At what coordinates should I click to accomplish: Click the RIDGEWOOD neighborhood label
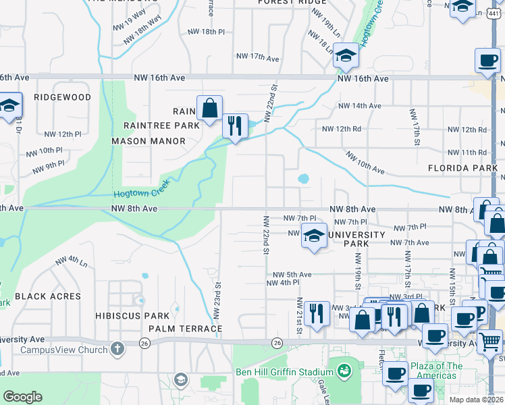point(63,97)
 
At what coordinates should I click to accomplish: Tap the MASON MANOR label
point(149,141)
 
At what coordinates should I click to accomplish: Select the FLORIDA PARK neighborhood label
point(462,167)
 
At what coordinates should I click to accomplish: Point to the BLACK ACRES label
point(48,296)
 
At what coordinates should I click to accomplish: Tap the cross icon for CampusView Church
point(117,349)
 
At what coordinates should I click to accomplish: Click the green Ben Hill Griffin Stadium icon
point(344,371)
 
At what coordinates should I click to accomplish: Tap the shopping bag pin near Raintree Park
point(209,107)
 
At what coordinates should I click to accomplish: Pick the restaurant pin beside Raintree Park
point(235,126)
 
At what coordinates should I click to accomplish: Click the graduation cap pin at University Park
point(314,236)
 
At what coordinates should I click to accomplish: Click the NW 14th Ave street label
point(360,106)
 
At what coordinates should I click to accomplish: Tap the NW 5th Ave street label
point(292,275)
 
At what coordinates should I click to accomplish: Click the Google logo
point(22,397)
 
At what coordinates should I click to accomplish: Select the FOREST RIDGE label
point(292,3)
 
